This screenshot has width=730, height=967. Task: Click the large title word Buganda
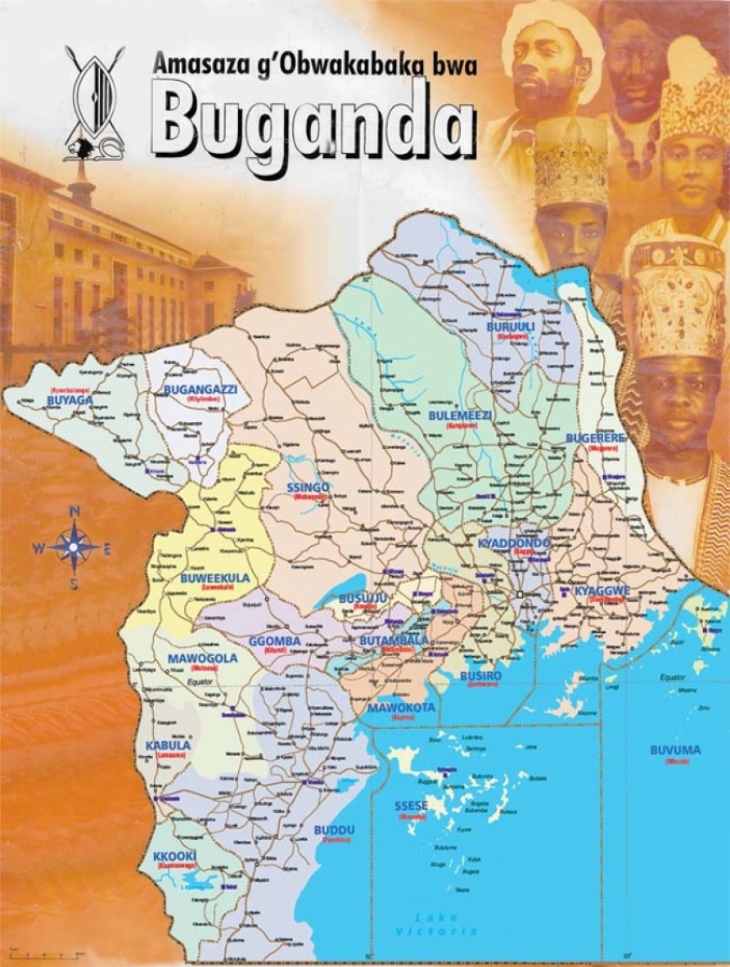[x=313, y=126]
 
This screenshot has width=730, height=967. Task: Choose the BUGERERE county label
[x=595, y=439]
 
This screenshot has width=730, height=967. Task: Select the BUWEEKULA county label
[x=214, y=578]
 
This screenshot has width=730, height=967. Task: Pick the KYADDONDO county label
[x=515, y=543]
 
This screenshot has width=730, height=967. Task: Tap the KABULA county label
[x=168, y=745]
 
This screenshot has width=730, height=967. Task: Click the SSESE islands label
[x=412, y=806]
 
